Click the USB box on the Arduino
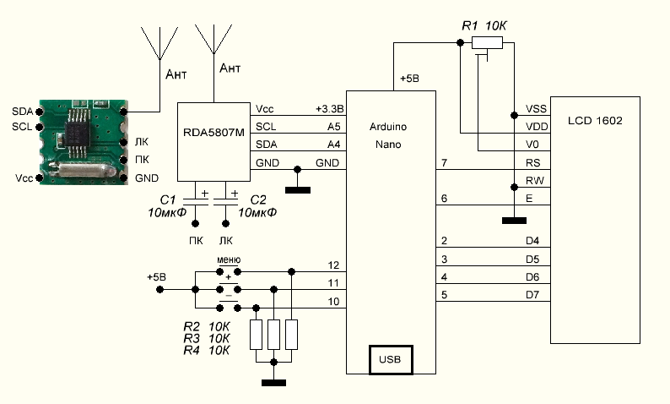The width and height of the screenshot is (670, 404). [x=390, y=359]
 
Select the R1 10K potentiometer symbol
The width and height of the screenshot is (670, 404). [x=487, y=43]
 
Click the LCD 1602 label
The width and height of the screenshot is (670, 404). [x=595, y=122]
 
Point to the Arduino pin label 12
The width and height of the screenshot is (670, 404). [x=334, y=265]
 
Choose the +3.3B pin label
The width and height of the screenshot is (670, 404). [x=329, y=109]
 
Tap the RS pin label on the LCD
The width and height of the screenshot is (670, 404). [x=533, y=162]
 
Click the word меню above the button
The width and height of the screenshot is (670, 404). [x=229, y=259]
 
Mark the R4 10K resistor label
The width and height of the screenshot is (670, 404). [x=207, y=351]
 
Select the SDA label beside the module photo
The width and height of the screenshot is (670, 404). [x=22, y=111]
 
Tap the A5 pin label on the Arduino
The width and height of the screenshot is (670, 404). [x=334, y=126]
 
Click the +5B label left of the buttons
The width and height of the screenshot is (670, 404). [x=156, y=276]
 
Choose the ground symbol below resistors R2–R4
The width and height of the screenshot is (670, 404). [x=273, y=382]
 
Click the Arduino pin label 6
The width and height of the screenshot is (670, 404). [x=443, y=198]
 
